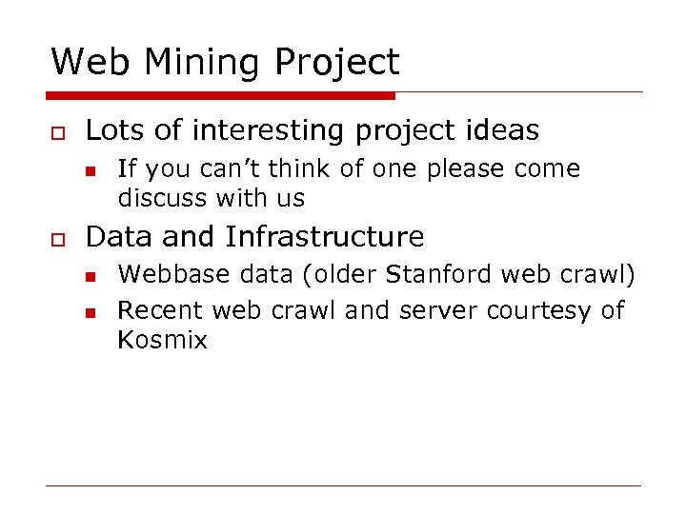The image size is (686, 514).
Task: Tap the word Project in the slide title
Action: click(336, 63)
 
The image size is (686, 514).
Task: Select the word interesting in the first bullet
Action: click(257, 130)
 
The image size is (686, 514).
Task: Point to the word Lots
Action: click(111, 130)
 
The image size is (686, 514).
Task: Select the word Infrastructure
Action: click(324, 236)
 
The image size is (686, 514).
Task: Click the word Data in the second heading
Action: click(114, 236)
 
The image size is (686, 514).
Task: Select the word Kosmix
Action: click(162, 339)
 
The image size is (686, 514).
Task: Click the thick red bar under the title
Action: click(220, 95)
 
